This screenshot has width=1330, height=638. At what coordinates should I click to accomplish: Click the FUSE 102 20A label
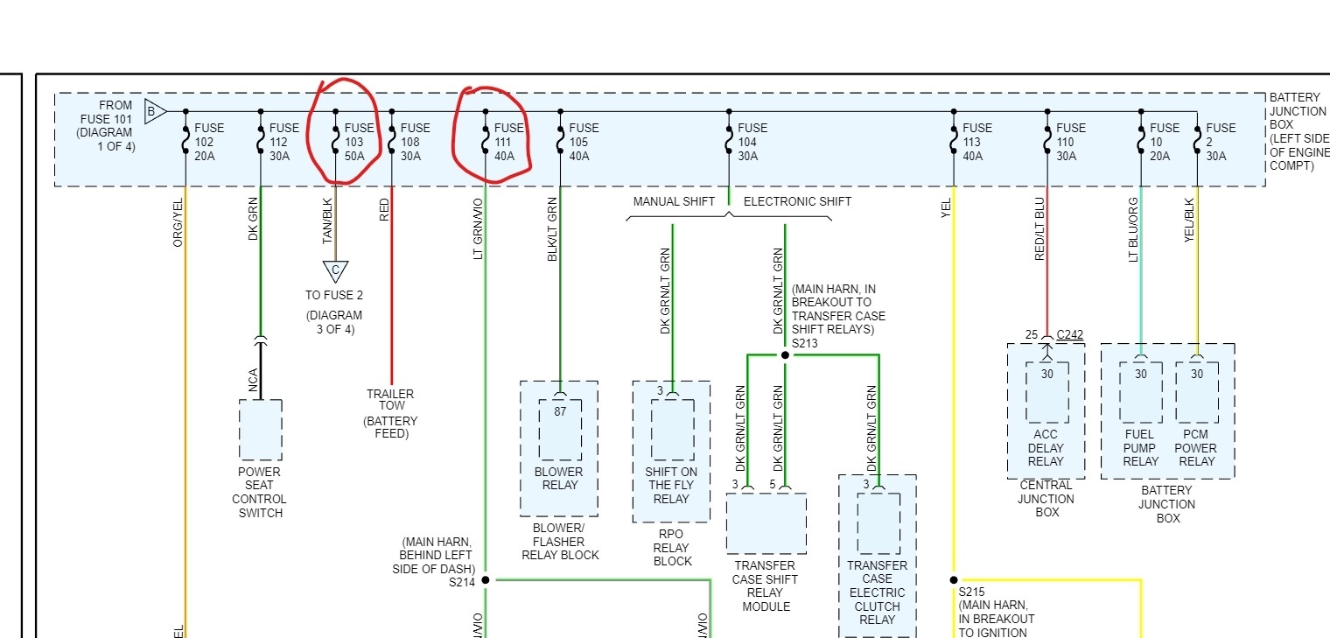tap(209, 142)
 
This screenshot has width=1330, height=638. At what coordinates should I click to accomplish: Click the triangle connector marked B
tap(154, 111)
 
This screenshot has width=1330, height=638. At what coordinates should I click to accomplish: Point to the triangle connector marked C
tap(334, 271)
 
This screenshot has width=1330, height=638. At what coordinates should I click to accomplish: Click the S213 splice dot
tap(785, 355)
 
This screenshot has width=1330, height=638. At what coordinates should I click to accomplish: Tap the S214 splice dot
tap(486, 579)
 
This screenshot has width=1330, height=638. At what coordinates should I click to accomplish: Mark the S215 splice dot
tap(954, 579)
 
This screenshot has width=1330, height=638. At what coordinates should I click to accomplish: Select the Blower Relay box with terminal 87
tap(560, 429)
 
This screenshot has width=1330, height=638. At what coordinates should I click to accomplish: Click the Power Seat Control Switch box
tap(261, 429)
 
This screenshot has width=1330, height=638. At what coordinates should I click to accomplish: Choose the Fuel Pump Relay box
tap(1140, 392)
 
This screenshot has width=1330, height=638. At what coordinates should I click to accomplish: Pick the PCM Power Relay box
tap(1197, 392)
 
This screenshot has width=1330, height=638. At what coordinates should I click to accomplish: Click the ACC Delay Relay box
tap(1046, 392)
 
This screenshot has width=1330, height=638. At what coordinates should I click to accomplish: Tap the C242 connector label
tap(1069, 335)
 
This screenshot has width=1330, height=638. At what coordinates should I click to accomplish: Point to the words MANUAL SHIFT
tap(674, 201)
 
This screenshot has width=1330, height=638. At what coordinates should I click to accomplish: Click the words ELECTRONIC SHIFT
tap(797, 201)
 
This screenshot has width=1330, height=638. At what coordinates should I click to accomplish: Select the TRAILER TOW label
tap(390, 400)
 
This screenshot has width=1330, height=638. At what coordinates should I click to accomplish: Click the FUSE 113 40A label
tap(977, 142)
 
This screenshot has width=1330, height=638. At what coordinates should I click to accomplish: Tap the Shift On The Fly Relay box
tap(672, 429)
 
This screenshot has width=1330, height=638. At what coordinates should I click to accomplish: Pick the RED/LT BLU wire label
tap(1040, 229)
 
